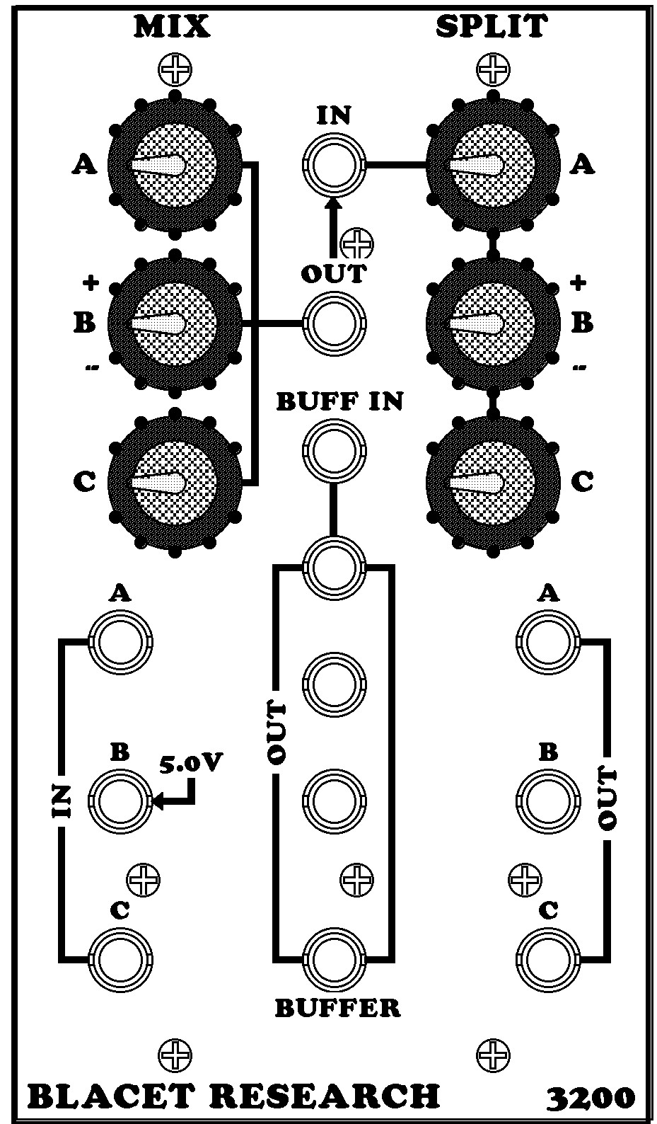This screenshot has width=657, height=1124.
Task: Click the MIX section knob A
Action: tap(174, 165)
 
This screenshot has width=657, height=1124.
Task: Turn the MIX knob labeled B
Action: tap(174, 323)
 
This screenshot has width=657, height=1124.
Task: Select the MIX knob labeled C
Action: tap(174, 482)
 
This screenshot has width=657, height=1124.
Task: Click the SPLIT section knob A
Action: tap(492, 165)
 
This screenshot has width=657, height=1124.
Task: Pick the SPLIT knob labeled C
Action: tap(492, 482)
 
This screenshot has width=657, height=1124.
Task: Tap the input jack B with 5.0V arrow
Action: tap(120, 801)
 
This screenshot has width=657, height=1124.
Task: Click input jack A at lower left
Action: tap(120, 643)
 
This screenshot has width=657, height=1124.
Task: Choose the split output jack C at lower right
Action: tap(548, 959)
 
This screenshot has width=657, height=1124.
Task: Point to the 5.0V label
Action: tap(191, 764)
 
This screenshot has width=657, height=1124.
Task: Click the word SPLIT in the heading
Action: tap(491, 26)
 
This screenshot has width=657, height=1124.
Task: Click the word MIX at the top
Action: tap(173, 26)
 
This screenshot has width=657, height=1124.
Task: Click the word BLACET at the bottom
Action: tap(113, 1096)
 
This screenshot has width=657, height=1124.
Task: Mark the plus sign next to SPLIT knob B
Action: tap(578, 283)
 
